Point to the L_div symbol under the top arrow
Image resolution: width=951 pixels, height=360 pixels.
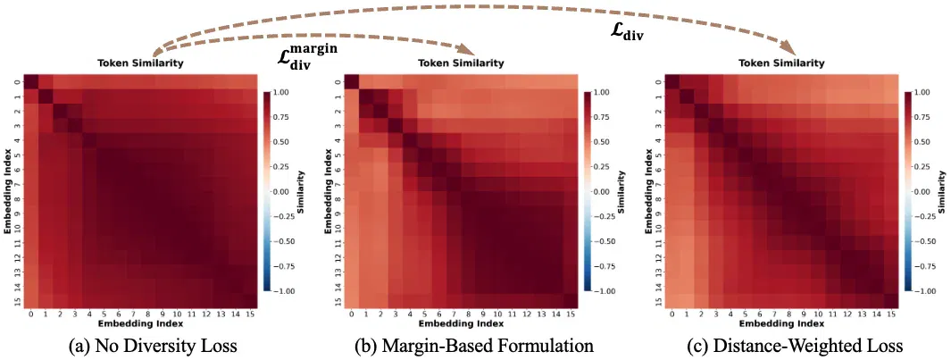(627, 33)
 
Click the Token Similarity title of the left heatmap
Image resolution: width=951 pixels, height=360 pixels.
(141, 63)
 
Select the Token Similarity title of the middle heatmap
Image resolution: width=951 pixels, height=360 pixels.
(462, 63)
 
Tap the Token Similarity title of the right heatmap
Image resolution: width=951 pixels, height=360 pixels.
(782, 63)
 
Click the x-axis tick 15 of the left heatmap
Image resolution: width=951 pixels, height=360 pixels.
(251, 315)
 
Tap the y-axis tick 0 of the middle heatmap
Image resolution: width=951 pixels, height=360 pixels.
(338, 82)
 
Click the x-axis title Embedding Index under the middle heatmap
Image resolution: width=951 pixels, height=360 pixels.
(462, 325)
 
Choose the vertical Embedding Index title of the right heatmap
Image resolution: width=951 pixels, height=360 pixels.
(647, 191)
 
